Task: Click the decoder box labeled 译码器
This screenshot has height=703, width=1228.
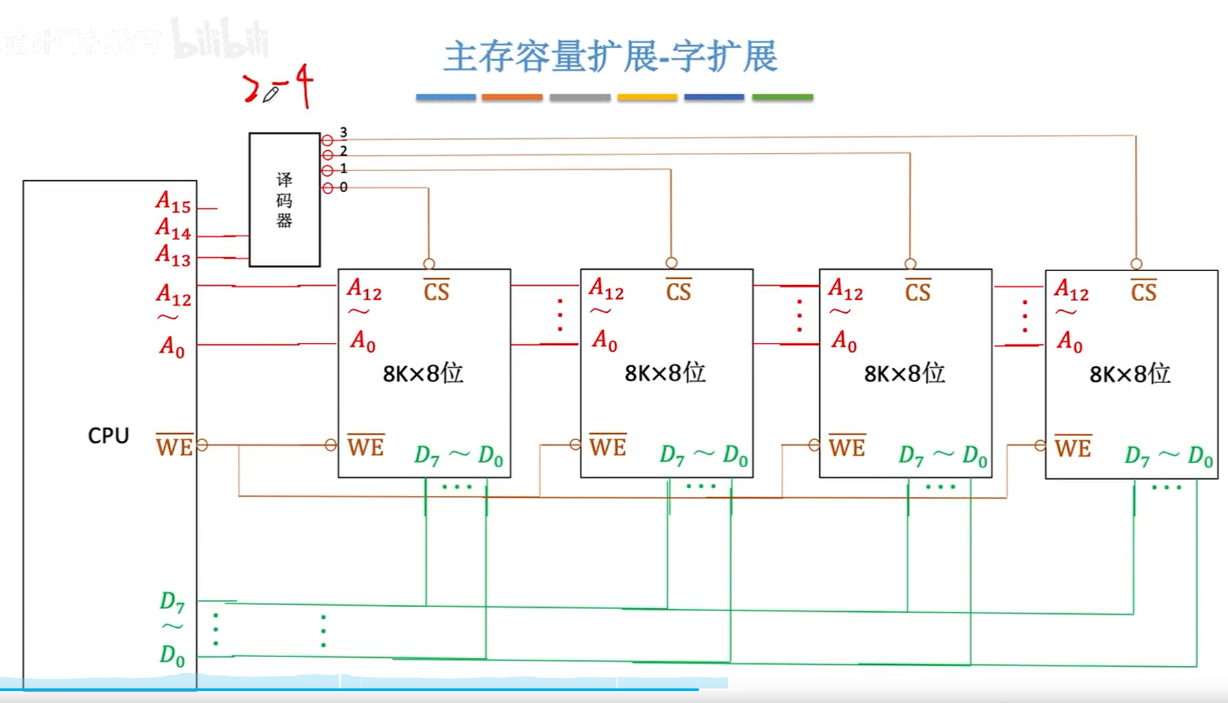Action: tap(284, 200)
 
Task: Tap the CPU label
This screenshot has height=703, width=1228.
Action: tap(108, 435)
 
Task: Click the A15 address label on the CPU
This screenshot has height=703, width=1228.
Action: tap(172, 202)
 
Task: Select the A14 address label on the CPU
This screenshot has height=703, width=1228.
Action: tap(172, 229)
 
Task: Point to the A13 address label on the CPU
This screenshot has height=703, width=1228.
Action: tap(172, 255)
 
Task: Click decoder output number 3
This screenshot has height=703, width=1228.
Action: tap(344, 133)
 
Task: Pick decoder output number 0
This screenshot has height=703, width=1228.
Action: tap(344, 187)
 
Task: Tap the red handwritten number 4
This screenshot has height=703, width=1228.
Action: tap(304, 85)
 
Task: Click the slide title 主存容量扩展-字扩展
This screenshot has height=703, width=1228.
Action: tap(611, 57)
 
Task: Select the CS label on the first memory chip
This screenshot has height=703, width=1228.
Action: tap(437, 291)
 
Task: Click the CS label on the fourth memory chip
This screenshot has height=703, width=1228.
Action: tap(1144, 291)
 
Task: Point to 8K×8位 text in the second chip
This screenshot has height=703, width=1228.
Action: tap(665, 373)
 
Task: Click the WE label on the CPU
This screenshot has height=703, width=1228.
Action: tap(174, 446)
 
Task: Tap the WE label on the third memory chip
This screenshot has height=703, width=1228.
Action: tap(847, 446)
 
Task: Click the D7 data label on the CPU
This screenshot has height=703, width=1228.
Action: tap(172, 602)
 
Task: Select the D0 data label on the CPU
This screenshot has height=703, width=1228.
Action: tap(172, 655)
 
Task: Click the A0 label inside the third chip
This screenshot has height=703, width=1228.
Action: tap(844, 341)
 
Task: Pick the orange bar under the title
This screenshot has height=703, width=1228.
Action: tap(512, 97)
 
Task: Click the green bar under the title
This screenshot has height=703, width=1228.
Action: tap(782, 97)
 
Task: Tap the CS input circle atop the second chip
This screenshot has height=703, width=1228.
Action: tap(671, 263)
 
